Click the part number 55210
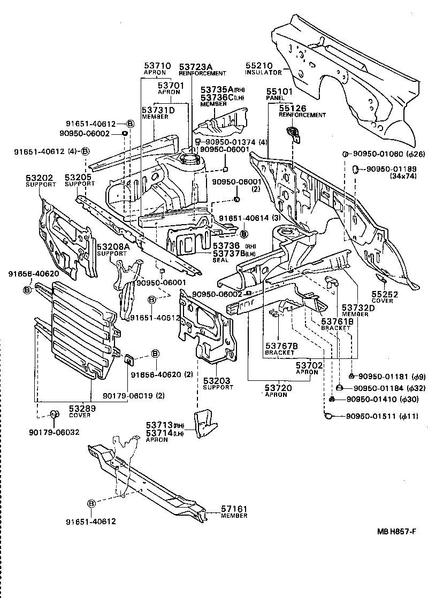coord(259,65)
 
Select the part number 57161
coord(233,509)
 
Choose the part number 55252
coord(383,294)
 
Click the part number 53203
coord(216,381)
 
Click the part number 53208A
coord(113,246)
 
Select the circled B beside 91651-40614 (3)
coord(244,233)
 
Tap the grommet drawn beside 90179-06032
coord(54,415)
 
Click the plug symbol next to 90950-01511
coord(328,416)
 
